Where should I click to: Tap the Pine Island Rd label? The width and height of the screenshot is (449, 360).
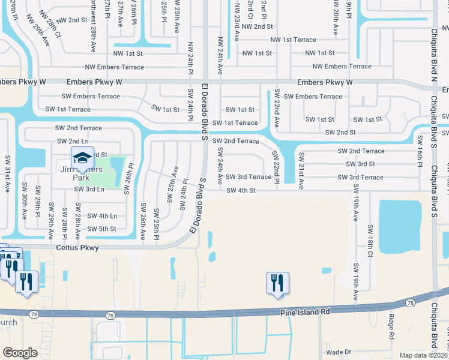305,312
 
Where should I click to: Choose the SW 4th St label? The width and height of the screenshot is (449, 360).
241,191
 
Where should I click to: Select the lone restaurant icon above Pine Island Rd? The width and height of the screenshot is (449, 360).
277,283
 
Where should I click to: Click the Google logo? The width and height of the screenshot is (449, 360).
20,353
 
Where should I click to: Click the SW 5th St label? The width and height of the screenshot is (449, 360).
101,229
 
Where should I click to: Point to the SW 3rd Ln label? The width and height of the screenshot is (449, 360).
89,189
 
